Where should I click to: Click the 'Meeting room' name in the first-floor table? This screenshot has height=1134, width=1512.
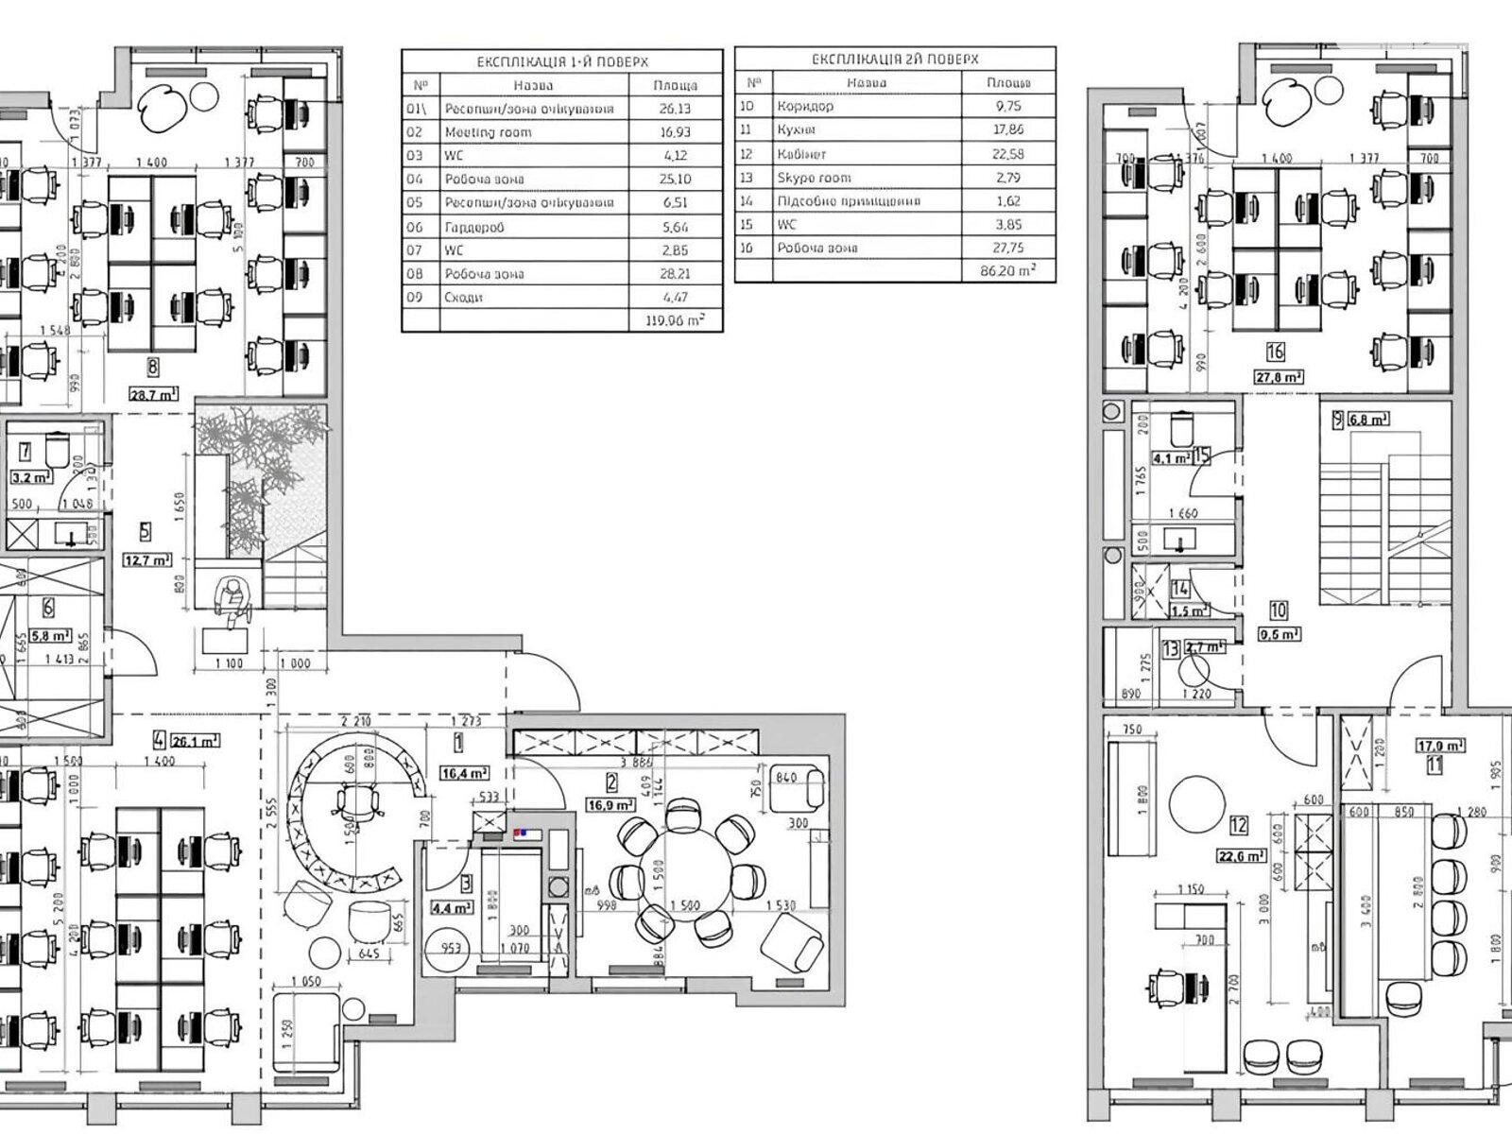488,132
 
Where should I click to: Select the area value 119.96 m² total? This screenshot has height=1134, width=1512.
675,320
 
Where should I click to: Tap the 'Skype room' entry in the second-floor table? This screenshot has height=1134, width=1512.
814,178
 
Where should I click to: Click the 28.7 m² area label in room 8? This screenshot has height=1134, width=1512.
153,395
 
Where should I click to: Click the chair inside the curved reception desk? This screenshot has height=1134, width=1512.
356,803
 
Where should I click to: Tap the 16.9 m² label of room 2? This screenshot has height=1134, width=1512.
611,805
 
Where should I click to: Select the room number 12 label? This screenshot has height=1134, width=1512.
1239,825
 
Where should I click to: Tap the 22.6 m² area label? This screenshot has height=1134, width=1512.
1242,856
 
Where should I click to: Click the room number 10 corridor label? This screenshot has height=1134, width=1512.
1279,611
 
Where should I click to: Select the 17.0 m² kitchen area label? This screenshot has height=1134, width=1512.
1439,745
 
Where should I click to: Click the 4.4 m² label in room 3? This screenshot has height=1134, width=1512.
452,908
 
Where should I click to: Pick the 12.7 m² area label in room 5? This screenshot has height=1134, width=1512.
147,559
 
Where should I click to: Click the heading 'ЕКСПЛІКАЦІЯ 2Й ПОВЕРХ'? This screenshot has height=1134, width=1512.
895,60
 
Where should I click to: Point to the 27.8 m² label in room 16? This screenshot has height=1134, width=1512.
1279,376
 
